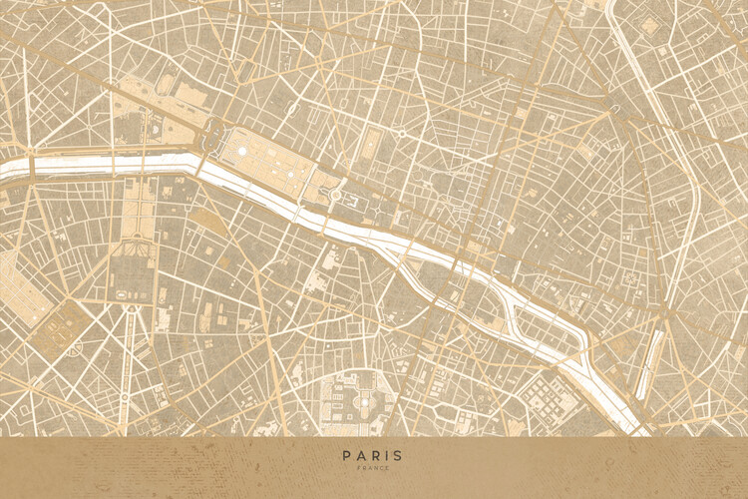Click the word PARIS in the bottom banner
(374, 456)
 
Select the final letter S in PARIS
(399, 456)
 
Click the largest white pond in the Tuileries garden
(242, 150)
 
